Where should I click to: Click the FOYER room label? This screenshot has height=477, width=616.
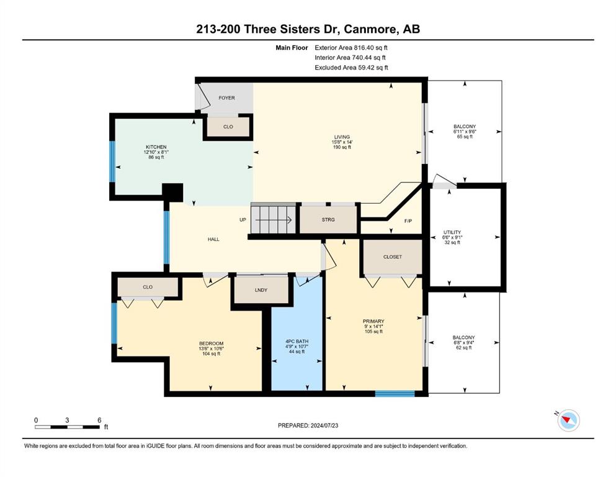(226, 98)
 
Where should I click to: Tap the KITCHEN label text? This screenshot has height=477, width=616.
(156, 147)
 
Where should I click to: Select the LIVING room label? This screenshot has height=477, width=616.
(342, 137)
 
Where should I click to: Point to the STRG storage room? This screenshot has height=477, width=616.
(328, 219)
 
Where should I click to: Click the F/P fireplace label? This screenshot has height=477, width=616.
(408, 221)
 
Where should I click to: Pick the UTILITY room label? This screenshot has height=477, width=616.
(452, 232)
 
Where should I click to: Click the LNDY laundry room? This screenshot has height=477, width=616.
(261, 290)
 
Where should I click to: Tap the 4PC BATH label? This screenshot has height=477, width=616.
(297, 342)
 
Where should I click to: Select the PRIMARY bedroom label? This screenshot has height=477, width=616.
(373, 321)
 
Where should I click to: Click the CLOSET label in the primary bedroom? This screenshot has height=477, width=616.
(393, 257)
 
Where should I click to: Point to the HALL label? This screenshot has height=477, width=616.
(213, 239)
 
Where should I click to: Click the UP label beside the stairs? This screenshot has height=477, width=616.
(243, 220)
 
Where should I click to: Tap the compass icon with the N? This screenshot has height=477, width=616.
(568, 420)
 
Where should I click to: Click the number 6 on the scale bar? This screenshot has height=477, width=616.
(99, 420)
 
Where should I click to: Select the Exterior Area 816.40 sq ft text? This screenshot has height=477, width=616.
(351, 48)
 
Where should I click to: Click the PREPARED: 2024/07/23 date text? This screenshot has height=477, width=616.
(308, 425)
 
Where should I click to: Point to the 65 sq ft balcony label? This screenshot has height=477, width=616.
(465, 137)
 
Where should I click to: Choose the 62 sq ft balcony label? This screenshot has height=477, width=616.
(464, 348)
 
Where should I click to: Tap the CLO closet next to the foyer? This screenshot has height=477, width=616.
(228, 127)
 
